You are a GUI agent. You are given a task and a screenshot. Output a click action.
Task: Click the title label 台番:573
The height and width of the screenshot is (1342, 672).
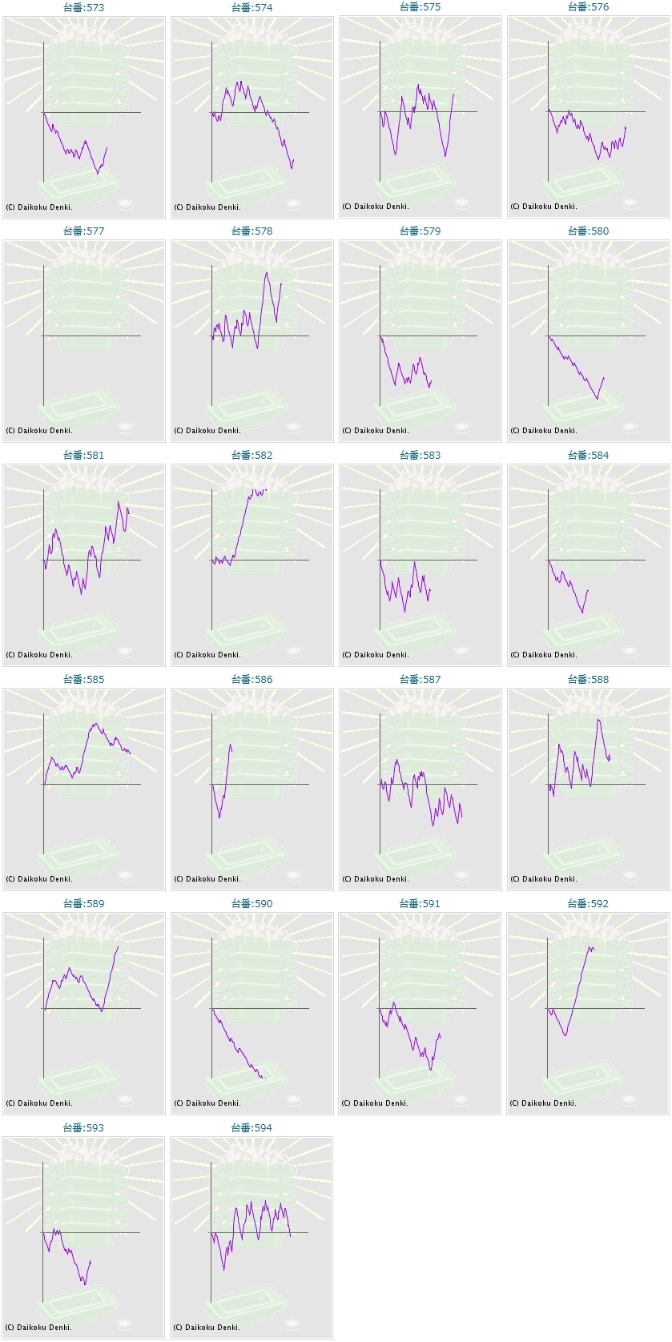coord(83,7)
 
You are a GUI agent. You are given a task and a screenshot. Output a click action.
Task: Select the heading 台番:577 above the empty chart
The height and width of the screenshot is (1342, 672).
coord(83,231)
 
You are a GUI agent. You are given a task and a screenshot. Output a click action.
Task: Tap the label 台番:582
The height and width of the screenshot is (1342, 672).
coord(251,456)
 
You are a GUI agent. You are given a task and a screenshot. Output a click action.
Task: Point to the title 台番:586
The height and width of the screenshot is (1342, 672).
coord(251,680)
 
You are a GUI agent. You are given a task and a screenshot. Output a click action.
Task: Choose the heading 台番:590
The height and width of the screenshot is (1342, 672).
coord(251,904)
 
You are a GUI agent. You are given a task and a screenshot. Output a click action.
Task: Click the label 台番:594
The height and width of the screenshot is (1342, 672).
coord(251,1128)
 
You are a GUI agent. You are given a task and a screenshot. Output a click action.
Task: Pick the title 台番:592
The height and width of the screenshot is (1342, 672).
coord(588,904)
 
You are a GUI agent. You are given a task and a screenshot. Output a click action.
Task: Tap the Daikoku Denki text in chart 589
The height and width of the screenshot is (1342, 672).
coord(39,1103)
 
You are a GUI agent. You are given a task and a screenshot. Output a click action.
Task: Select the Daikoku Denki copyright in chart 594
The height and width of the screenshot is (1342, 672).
coord(207,1328)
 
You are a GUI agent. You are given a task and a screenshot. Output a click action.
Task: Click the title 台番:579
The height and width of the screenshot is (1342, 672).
coord(420,231)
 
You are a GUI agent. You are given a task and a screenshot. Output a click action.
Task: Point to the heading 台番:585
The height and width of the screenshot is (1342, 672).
coord(83,680)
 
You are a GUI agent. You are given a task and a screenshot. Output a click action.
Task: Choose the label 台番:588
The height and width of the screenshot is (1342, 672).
coord(588,680)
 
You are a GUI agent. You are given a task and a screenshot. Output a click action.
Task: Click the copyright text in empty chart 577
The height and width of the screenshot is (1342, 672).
coord(39,431)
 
